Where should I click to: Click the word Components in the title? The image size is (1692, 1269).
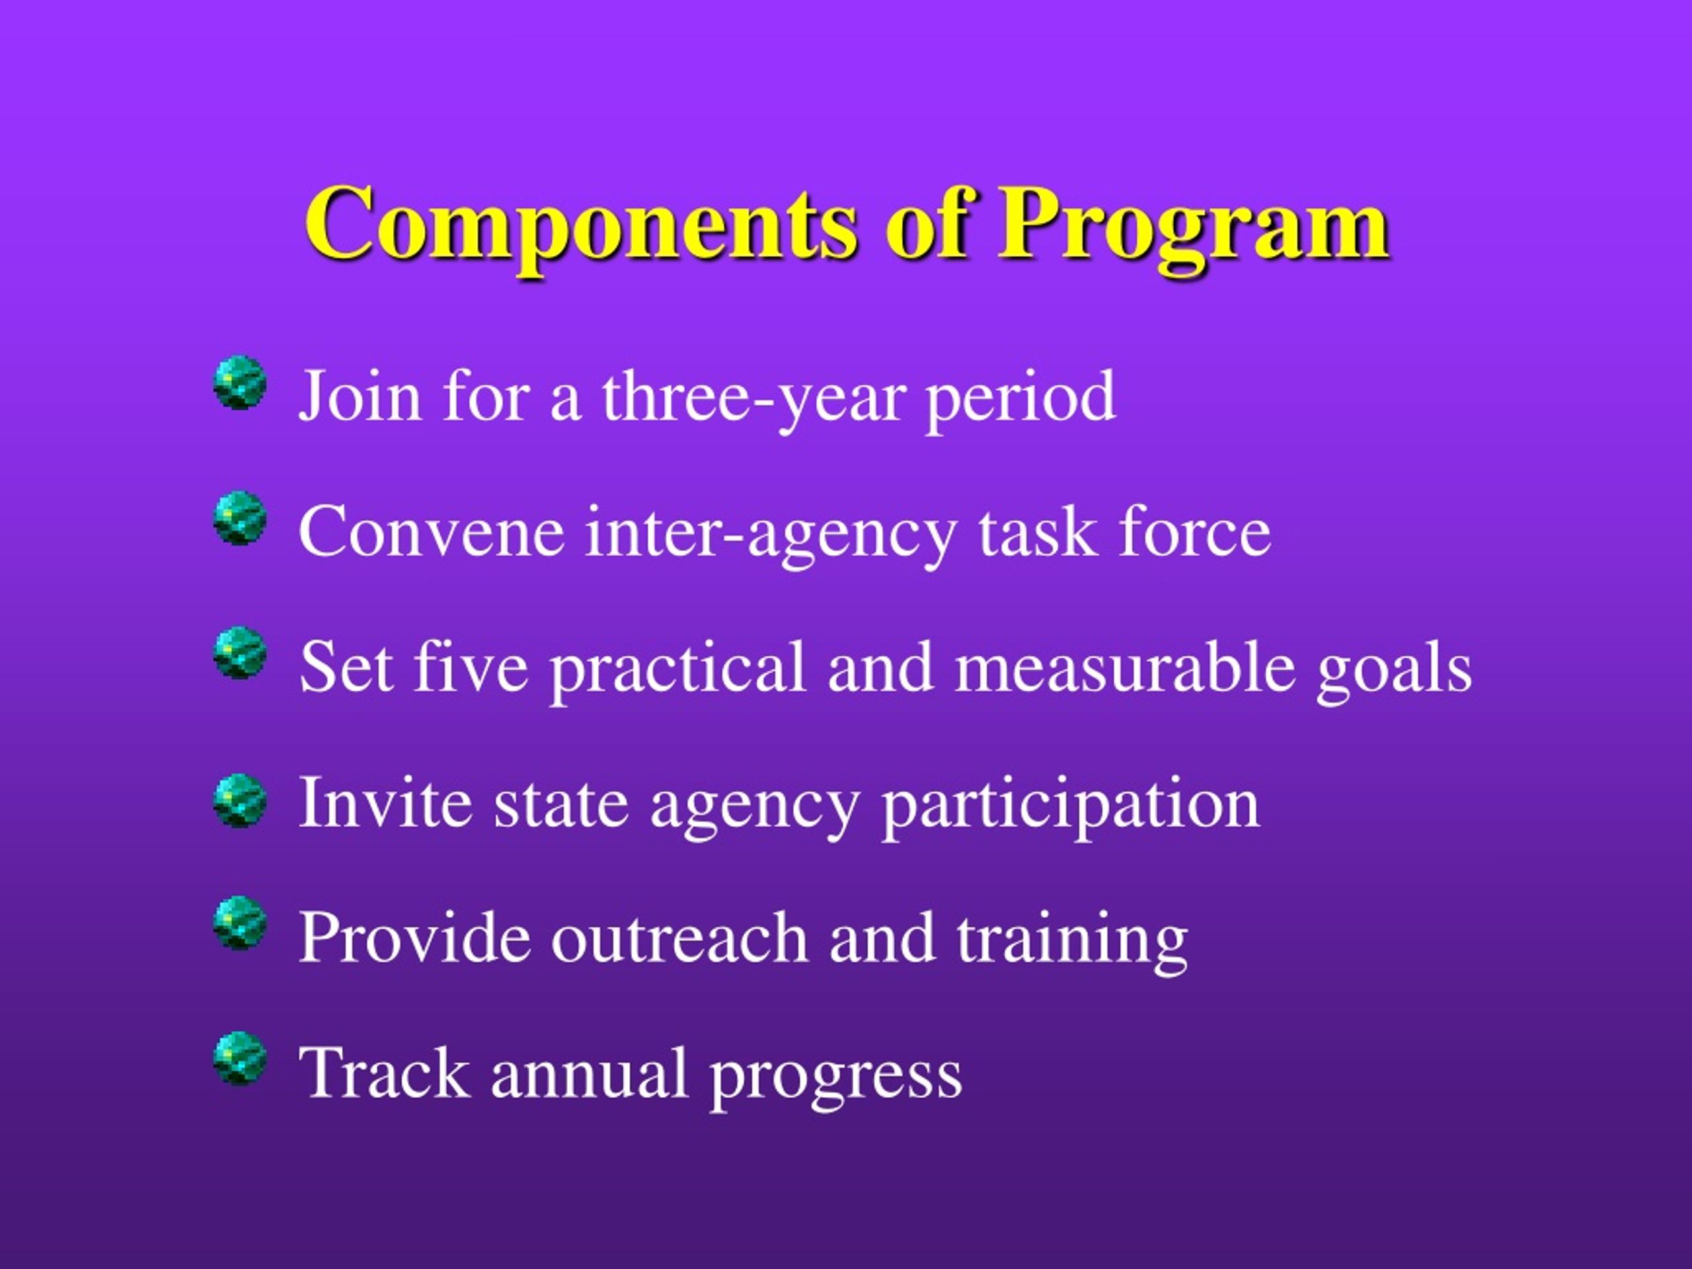[x=582, y=225]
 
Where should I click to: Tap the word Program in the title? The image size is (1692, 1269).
[x=1192, y=225]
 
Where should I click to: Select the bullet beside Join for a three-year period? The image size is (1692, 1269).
[x=240, y=382]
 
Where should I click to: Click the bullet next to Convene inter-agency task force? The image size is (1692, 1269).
[x=240, y=518]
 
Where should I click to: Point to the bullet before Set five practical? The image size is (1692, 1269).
[x=240, y=652]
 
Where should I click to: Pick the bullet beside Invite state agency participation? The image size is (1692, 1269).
[x=240, y=799]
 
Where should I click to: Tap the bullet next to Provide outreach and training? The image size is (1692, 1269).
[x=240, y=923]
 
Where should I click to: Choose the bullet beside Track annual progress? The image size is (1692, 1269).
[x=240, y=1058]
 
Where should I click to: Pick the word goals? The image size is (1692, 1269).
[x=1394, y=670]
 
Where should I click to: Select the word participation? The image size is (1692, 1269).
[x=1071, y=806]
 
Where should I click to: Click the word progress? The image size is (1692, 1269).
[x=835, y=1079]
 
